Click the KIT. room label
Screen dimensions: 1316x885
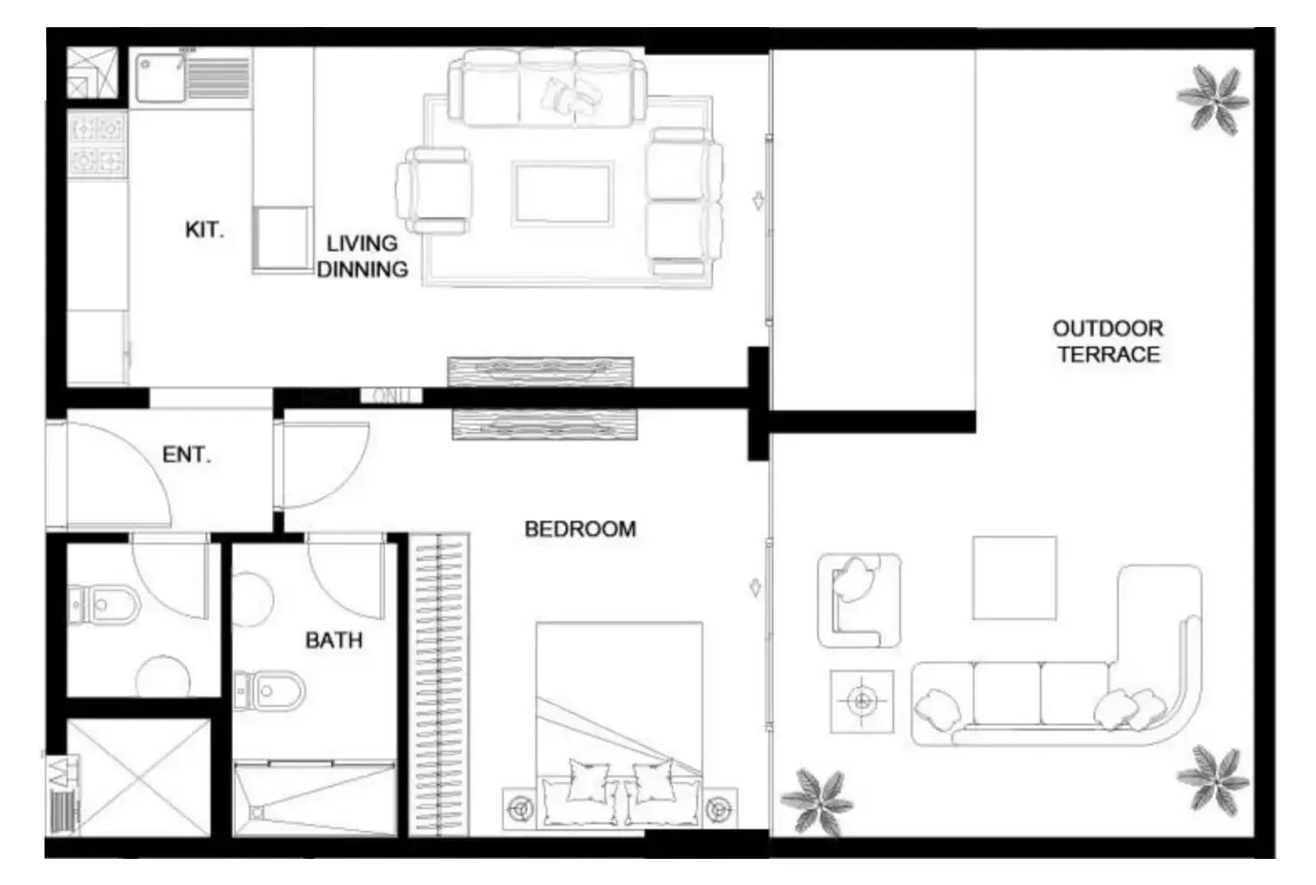tap(204, 230)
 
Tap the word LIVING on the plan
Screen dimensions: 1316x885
tap(362, 244)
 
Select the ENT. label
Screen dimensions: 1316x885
tap(186, 454)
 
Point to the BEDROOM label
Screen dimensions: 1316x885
tap(579, 529)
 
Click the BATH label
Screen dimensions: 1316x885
tap(333, 640)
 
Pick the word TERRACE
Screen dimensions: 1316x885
tap(1109, 354)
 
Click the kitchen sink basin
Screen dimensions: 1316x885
tap(160, 78)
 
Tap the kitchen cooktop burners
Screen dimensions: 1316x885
tap(98, 145)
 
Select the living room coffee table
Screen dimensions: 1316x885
tap(563, 194)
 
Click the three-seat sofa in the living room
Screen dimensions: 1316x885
tap(547, 87)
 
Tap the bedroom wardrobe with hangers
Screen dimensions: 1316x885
tap(439, 684)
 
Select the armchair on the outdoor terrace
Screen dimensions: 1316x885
tap(859, 600)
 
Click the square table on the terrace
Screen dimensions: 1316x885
tap(1014, 578)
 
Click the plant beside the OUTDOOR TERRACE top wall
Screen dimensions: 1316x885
tap(1213, 99)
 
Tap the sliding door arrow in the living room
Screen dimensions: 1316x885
tap(758, 201)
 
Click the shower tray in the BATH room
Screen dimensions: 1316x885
tap(314, 798)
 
